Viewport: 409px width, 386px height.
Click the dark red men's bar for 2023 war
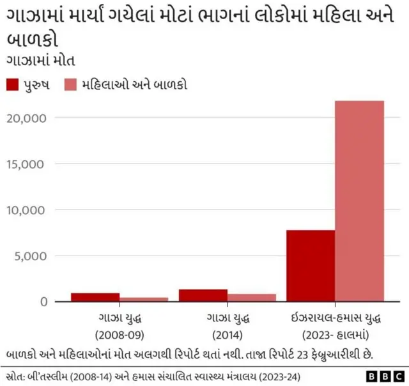(x=311, y=265)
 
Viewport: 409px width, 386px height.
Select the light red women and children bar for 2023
(x=360, y=201)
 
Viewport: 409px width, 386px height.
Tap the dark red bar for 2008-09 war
(x=95, y=297)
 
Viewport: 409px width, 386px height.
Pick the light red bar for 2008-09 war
(x=144, y=299)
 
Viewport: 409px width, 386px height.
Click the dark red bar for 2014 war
(x=203, y=295)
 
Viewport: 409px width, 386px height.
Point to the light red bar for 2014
(x=252, y=298)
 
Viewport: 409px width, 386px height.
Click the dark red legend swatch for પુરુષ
(x=13, y=85)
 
